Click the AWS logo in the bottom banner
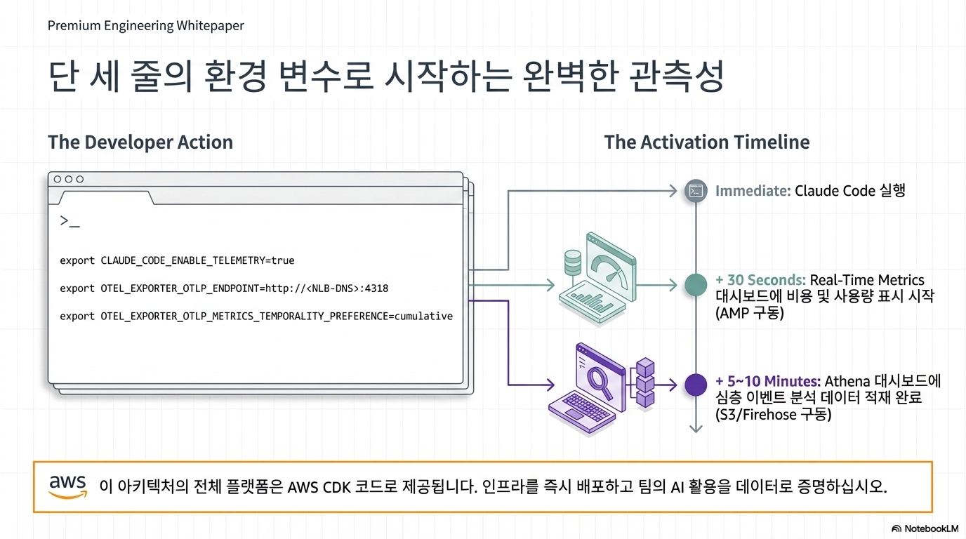click(68, 486)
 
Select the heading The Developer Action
click(140, 142)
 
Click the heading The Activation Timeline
click(706, 142)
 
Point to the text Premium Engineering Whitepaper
click(146, 26)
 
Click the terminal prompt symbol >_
click(70, 222)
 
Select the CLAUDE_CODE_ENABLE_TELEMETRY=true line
click(177, 260)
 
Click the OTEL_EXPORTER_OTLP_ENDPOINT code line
click(224, 288)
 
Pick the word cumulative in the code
click(423, 317)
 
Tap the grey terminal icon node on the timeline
click(695, 190)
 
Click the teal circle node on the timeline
click(695, 284)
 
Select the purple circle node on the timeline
click(695, 385)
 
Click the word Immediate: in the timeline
click(753, 190)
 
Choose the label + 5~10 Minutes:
click(767, 381)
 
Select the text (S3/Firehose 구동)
click(773, 415)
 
